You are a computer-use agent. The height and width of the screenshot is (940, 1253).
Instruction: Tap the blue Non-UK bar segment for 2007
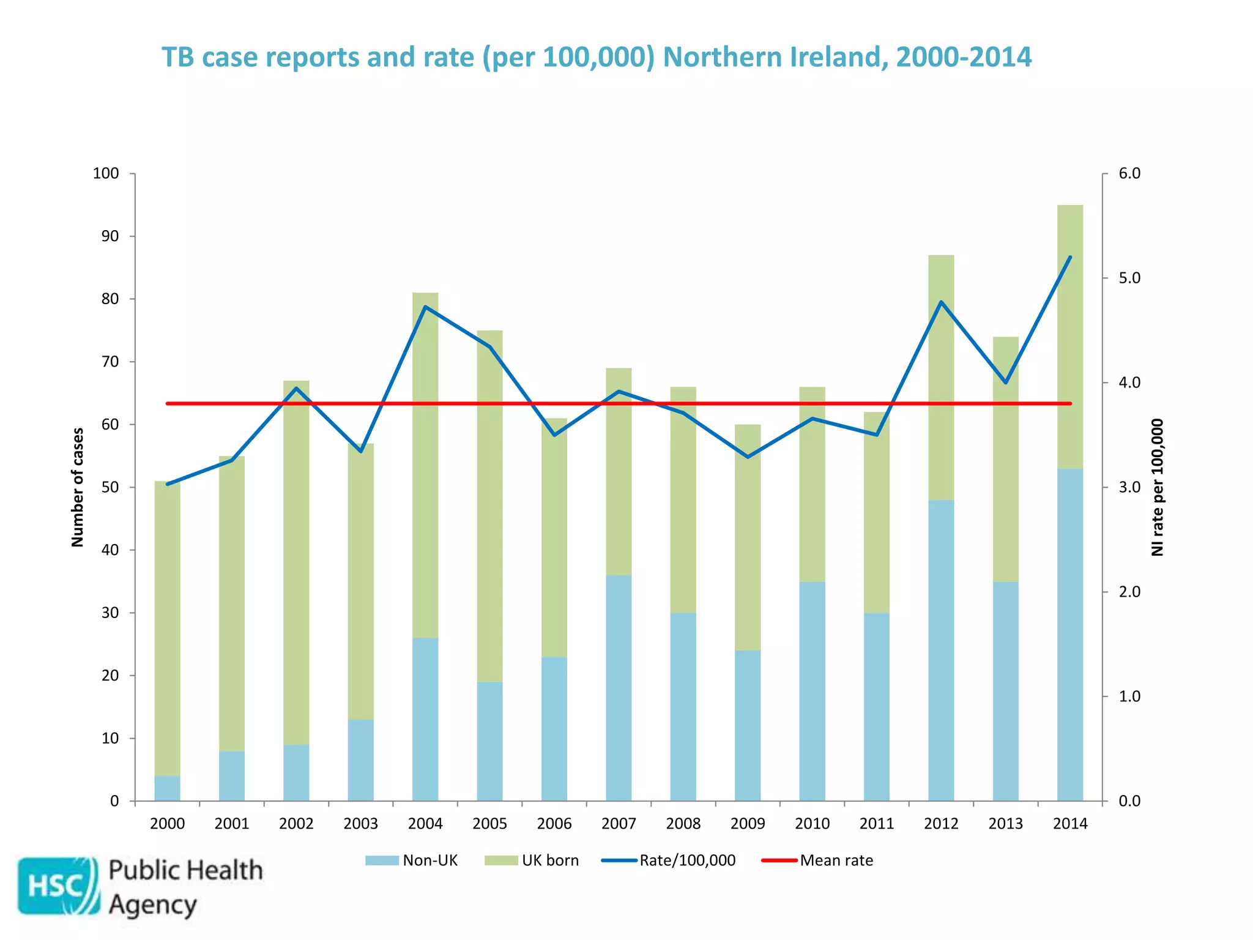[x=619, y=688]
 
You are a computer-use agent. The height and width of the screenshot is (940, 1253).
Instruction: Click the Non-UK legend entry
[x=411, y=860]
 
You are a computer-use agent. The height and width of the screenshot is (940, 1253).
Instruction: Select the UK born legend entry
[x=532, y=860]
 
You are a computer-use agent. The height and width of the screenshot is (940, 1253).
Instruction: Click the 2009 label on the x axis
[x=748, y=824]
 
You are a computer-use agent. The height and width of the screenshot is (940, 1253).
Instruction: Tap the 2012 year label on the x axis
[x=941, y=824]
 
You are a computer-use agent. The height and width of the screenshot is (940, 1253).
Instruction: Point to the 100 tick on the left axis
[x=106, y=174]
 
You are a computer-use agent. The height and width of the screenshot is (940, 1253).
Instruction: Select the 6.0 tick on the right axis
[x=1129, y=174]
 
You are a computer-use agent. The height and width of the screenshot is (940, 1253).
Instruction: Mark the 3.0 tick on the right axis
[x=1129, y=488]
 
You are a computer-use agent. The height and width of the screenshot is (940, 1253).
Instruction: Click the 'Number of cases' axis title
[x=78, y=487]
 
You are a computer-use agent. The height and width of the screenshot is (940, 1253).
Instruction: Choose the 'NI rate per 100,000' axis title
[x=1157, y=487]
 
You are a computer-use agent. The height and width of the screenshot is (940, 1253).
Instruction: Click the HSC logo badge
[x=58, y=886]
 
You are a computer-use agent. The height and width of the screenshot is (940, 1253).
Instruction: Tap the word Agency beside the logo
[x=153, y=905]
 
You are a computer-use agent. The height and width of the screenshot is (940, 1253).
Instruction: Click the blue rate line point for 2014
[x=1070, y=257]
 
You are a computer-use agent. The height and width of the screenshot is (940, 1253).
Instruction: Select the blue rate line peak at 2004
[x=425, y=307]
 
